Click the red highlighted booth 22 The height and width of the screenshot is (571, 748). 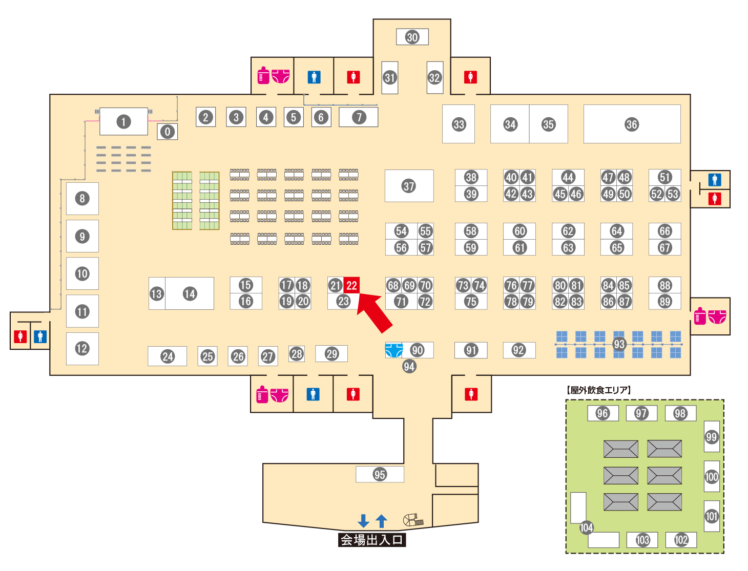(x=351, y=285)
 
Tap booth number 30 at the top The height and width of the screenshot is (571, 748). (x=412, y=37)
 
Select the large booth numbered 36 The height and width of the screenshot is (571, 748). (x=632, y=124)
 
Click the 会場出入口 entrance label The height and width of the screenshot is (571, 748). (x=372, y=540)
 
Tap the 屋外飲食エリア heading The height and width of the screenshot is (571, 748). (x=599, y=390)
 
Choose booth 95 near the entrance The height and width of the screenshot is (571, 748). (x=380, y=474)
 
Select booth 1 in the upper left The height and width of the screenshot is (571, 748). (x=123, y=121)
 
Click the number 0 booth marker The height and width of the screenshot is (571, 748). (x=167, y=132)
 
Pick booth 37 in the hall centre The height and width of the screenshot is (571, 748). (x=409, y=186)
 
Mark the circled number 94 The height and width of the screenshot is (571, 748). (x=409, y=366)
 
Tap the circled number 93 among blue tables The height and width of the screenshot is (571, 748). (x=619, y=344)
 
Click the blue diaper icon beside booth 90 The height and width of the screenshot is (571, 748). (x=393, y=350)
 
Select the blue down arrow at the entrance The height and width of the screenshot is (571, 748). (x=363, y=521)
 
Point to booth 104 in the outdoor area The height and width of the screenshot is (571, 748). (x=586, y=527)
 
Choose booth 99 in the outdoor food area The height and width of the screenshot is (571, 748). (x=712, y=437)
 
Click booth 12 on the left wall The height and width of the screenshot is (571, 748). (x=82, y=349)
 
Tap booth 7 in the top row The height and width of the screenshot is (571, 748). (x=359, y=117)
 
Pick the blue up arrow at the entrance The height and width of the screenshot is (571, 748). (x=381, y=521)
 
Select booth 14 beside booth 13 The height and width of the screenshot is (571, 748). (x=190, y=293)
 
